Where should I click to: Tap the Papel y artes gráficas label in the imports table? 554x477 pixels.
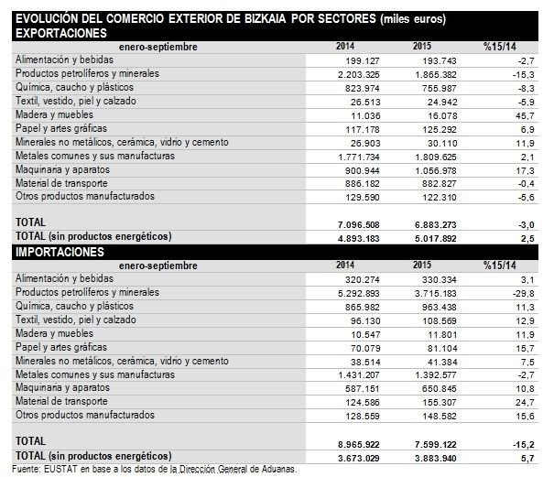[x=60, y=347]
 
